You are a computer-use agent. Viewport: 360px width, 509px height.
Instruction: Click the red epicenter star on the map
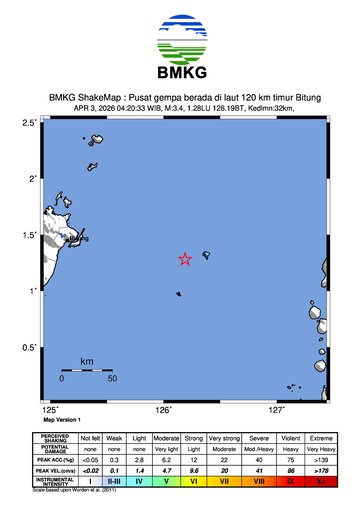(185, 259)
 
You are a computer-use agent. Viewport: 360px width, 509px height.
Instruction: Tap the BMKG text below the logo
(180, 72)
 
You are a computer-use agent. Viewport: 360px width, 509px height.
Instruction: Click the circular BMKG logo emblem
(180, 36)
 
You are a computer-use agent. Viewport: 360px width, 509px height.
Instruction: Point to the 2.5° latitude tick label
(30, 122)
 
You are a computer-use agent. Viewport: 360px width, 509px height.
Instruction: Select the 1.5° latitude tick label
(30, 235)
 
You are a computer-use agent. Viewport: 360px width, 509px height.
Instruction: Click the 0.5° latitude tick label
(30, 347)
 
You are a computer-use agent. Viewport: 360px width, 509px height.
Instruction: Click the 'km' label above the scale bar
(87, 360)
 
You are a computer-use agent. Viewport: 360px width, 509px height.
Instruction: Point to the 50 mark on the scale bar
(112, 379)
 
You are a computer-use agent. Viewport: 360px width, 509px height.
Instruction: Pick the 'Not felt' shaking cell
(91, 437)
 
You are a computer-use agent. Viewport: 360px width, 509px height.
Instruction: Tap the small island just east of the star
(205, 254)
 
